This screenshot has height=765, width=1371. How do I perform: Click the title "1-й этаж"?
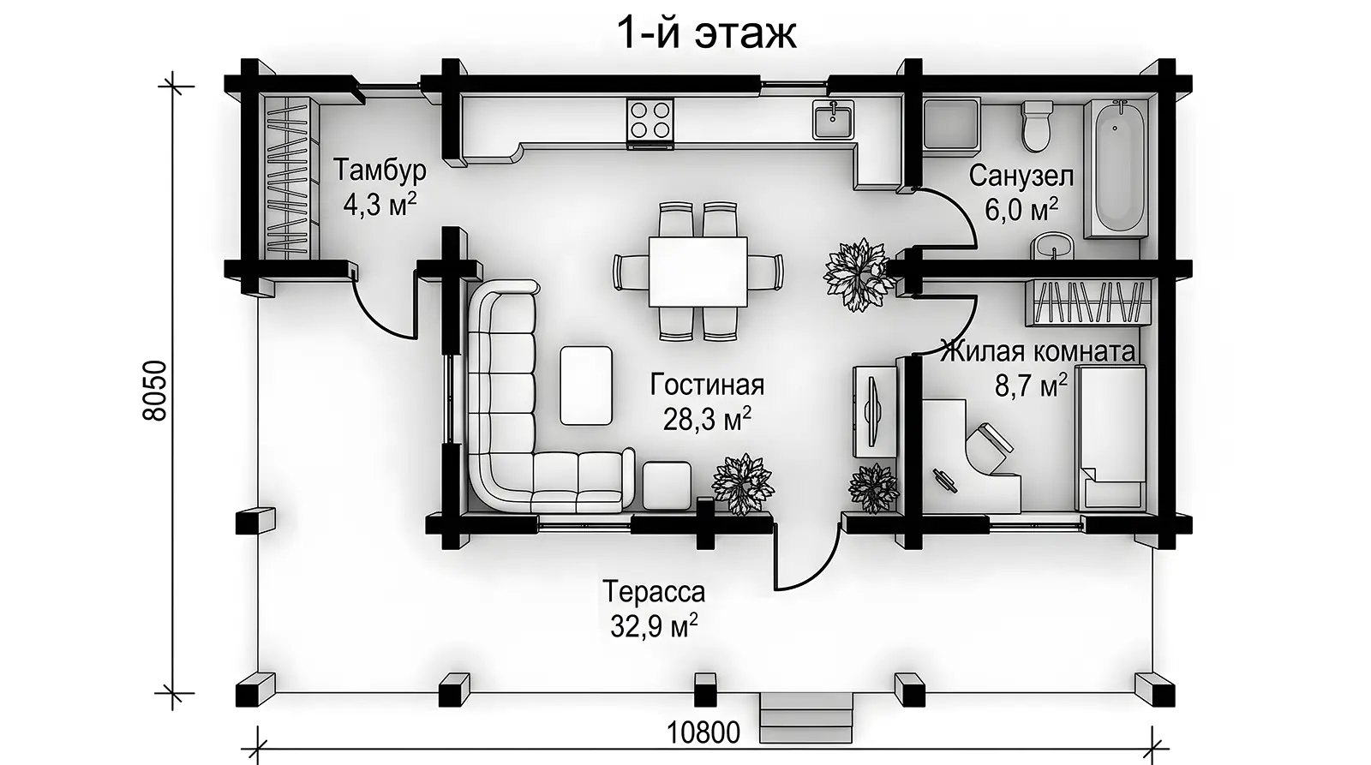coord(706,33)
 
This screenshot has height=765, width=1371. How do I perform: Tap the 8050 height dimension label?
coord(154,391)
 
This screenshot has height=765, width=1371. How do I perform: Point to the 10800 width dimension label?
coord(703,732)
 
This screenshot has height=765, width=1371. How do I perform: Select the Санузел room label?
coord(1021,176)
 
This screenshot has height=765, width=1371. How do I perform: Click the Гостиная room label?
coord(707,385)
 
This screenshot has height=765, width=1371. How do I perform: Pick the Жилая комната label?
coord(1038,352)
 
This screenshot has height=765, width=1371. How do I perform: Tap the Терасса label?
coord(654,592)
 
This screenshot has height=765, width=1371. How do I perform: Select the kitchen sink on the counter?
coord(834,120)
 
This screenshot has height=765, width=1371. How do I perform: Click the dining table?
coord(697,272)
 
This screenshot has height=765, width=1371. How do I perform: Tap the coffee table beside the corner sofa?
coord(586,385)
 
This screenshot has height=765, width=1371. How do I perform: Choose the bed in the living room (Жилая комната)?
coord(1111,439)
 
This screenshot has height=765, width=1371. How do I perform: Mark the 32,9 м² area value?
coord(654,626)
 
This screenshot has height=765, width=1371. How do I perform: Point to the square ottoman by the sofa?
coord(667,486)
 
